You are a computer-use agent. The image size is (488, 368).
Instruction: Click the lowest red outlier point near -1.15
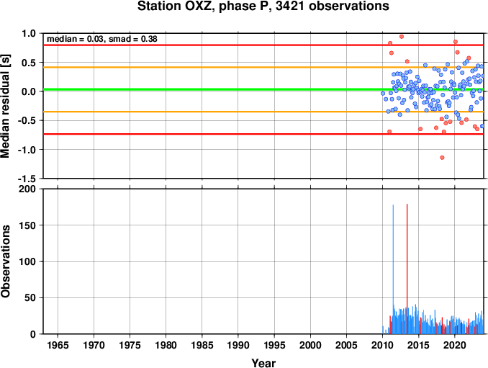pyautogui.click(x=442, y=158)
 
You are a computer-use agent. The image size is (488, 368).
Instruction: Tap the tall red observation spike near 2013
pyautogui.click(x=407, y=269)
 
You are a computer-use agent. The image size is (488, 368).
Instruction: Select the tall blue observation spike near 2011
pyautogui.click(x=393, y=269)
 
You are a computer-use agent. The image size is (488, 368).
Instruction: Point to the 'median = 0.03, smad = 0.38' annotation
pyautogui.click(x=101, y=39)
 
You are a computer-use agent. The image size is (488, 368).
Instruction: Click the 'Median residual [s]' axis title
pyautogui.click(x=5, y=106)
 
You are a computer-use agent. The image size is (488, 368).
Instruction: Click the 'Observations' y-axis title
pyautogui.click(x=5, y=261)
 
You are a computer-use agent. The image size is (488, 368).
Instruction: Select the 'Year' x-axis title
pyautogui.click(x=263, y=363)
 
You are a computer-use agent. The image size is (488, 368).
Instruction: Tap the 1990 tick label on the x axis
pyautogui.click(x=238, y=345)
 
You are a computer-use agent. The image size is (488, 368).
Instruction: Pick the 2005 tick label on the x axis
pyautogui.click(x=346, y=345)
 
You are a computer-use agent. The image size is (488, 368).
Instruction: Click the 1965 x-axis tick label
pyautogui.click(x=58, y=345)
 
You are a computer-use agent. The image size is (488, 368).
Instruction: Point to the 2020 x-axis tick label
pyautogui.click(x=455, y=345)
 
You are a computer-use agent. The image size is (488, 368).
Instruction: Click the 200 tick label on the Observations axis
pyautogui.click(x=27, y=189)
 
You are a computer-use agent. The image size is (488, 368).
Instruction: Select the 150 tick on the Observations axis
pyautogui.click(x=27, y=225)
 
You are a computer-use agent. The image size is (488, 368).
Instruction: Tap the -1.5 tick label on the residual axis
pyautogui.click(x=27, y=179)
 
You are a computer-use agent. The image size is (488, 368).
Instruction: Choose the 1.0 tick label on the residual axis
pyautogui.click(x=29, y=33)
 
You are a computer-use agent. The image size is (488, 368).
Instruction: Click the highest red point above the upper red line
pyautogui.click(x=402, y=37)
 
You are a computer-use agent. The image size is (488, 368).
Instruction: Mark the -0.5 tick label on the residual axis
pyautogui.click(x=27, y=120)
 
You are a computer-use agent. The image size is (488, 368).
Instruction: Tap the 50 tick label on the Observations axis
pyautogui.click(x=30, y=297)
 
